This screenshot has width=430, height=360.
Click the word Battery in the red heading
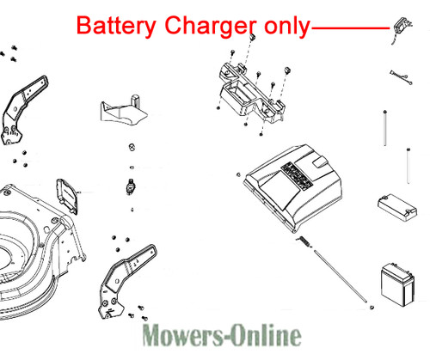[x=116, y=26]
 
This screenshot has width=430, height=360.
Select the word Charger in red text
[x=211, y=26]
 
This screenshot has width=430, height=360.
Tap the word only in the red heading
[x=287, y=26]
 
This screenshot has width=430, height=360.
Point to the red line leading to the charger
[x=350, y=28]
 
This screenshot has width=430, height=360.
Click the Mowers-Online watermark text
[x=222, y=335]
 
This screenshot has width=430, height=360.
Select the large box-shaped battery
[x=397, y=284]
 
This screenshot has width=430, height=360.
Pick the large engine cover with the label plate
[x=293, y=186]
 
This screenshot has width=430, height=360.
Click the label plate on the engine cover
[x=297, y=175]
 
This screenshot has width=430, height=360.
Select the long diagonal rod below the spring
[x=340, y=276]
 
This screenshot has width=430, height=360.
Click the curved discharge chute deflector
[x=124, y=110]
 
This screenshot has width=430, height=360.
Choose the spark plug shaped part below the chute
[x=131, y=186]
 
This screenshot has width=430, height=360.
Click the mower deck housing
[x=40, y=252]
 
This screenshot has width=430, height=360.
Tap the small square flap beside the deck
[x=67, y=196]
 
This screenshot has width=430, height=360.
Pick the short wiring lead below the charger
[x=401, y=77]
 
